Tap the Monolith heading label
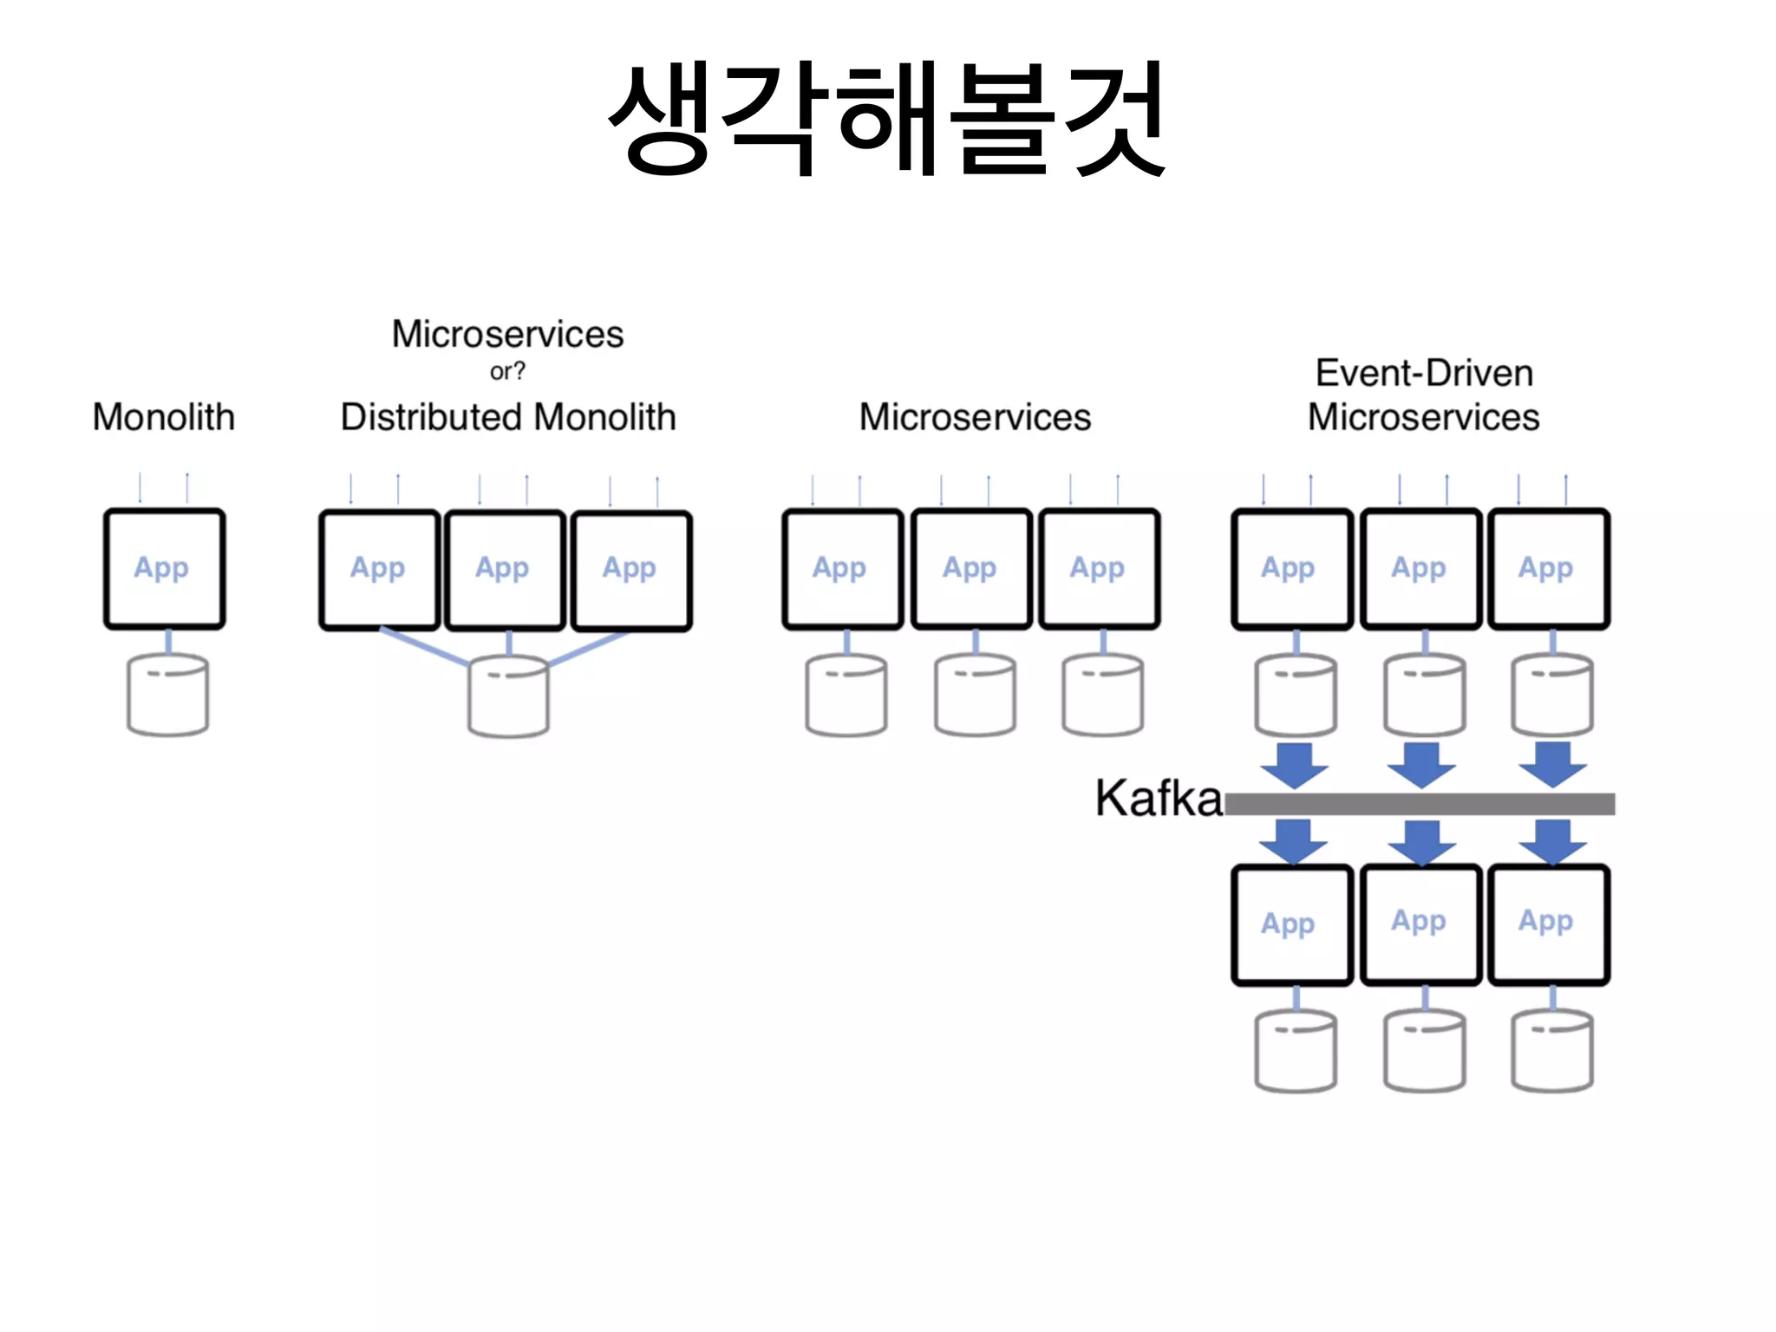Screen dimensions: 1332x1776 point(164,417)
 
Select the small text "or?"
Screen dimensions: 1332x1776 point(507,371)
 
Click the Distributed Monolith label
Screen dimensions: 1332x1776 point(508,417)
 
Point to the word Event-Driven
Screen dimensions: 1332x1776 point(1424,373)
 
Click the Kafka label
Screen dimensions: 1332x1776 point(1159,799)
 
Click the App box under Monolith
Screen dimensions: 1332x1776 point(165,569)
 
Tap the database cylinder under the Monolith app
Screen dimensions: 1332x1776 point(167,695)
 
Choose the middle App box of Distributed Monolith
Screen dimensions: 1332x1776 point(505,570)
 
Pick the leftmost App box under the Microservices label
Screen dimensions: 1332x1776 point(843,569)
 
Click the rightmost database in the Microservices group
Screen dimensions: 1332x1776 point(1102,695)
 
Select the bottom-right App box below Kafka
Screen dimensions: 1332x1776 point(1549,924)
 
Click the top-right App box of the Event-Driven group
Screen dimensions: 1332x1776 point(1549,569)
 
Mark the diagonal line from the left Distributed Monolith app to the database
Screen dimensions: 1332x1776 point(425,647)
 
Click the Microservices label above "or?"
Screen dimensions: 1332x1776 point(507,334)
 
